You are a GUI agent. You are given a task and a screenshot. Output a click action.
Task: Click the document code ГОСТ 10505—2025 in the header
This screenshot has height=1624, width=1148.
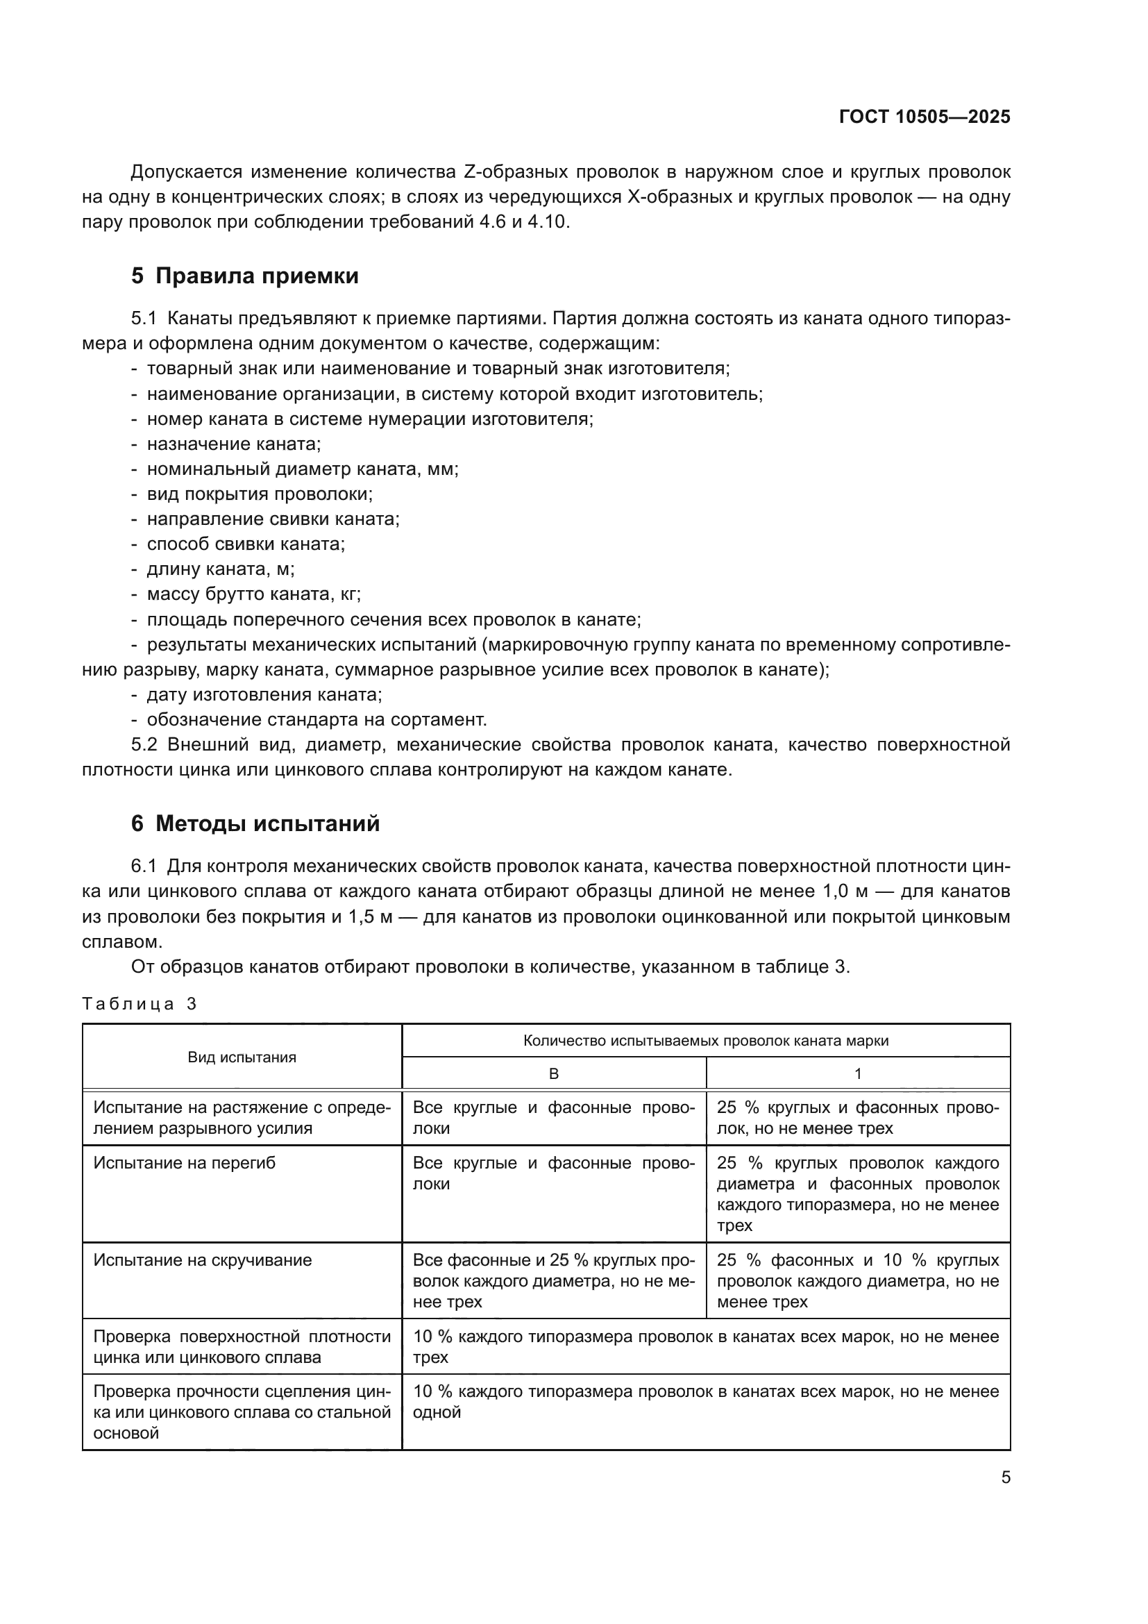pos(925,117)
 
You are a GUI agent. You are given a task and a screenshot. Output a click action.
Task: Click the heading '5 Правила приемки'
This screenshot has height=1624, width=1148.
pos(244,276)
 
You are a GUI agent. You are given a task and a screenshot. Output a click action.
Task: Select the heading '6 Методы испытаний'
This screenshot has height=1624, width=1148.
pos(255,823)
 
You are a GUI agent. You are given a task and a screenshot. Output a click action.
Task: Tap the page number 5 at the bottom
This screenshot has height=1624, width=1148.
pos(1005,1477)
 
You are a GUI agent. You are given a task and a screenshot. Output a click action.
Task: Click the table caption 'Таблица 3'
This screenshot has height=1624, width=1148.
pos(140,1004)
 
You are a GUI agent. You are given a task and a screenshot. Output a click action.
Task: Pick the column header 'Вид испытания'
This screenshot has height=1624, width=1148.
pos(242,1057)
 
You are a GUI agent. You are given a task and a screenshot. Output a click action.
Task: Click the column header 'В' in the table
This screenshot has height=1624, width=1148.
pos(553,1073)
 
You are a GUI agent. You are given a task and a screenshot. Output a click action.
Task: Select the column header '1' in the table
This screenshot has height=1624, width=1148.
pos(857,1073)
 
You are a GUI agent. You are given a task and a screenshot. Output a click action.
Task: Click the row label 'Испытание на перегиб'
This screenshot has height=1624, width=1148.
pos(185,1163)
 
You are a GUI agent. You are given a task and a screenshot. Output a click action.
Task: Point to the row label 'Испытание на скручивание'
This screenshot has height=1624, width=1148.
pos(202,1259)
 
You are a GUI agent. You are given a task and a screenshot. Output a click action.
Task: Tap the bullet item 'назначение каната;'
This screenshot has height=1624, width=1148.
pos(233,444)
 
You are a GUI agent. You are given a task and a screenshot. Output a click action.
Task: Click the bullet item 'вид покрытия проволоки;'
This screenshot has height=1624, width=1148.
pos(260,494)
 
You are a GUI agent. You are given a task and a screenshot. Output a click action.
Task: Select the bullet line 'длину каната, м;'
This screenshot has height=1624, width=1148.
pos(221,569)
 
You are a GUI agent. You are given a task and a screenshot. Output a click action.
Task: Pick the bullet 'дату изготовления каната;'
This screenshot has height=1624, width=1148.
pos(264,694)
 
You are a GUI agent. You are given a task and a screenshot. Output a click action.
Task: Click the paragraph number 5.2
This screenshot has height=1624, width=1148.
pos(144,745)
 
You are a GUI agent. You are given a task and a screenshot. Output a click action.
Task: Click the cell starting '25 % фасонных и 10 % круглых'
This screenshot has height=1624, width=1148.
pos(857,1280)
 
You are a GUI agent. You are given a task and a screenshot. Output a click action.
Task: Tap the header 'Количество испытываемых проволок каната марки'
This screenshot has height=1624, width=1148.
pos(705,1041)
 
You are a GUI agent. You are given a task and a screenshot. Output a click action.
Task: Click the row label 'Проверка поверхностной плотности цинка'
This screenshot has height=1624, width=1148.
pos(242,1347)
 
